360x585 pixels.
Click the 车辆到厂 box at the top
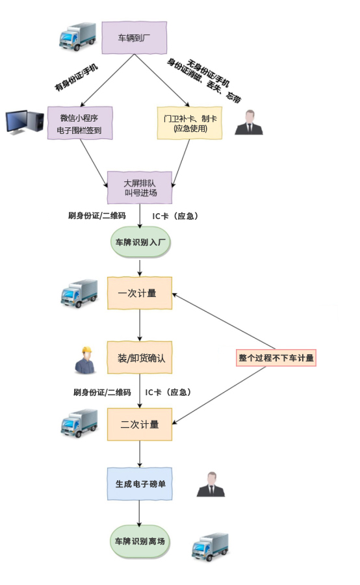[x=136, y=38]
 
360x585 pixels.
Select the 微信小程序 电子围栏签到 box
[x=80, y=123]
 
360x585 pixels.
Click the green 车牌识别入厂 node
[x=140, y=242]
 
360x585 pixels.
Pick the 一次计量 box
[x=140, y=293]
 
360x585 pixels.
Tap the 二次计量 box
[x=140, y=424]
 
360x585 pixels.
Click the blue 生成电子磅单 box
[x=140, y=484]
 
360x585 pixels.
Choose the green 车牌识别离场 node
[x=140, y=541]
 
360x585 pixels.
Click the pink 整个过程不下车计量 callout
[x=276, y=357]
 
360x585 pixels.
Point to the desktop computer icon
[x=24, y=122]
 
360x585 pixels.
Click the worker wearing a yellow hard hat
[x=84, y=360]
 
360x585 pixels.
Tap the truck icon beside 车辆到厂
[x=77, y=37]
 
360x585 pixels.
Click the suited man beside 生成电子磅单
[x=211, y=485]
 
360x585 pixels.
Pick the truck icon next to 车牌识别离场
[x=210, y=547]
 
